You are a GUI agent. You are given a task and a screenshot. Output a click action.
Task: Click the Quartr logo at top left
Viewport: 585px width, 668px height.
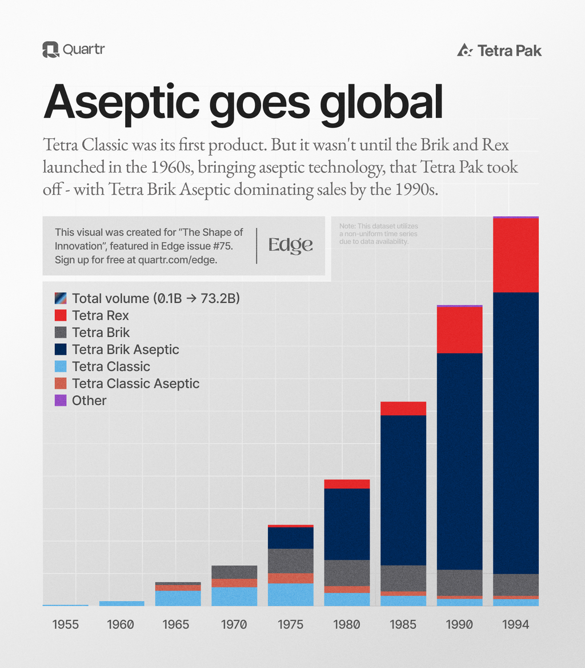pyautogui.click(x=73, y=50)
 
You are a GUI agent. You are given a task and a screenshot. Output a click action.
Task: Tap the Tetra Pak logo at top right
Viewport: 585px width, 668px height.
pyautogui.click(x=499, y=51)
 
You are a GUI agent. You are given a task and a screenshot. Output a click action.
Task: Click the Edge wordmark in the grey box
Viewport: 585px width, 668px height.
pyautogui.click(x=291, y=245)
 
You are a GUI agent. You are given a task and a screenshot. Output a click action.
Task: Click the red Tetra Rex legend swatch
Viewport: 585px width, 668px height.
pyautogui.click(x=61, y=316)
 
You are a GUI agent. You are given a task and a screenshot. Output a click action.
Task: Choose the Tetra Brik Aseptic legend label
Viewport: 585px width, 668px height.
pyautogui.click(x=125, y=349)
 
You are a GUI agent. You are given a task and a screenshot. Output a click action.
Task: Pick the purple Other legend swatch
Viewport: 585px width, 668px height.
pyautogui.click(x=61, y=401)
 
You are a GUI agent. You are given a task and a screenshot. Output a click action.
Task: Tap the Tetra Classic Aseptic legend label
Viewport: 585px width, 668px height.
pyautogui.click(x=135, y=384)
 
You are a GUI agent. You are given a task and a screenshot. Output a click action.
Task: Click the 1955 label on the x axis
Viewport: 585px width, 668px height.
pyautogui.click(x=65, y=625)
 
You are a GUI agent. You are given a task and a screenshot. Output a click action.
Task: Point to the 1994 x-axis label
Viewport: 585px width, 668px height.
pyautogui.click(x=515, y=625)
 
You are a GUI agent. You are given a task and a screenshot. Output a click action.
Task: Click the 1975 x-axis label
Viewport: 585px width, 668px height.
pyautogui.click(x=290, y=625)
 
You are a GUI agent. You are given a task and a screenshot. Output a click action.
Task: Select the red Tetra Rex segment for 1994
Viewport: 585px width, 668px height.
pyautogui.click(x=515, y=255)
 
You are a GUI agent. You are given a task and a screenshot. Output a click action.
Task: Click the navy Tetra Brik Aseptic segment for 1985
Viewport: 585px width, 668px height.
pyautogui.click(x=403, y=490)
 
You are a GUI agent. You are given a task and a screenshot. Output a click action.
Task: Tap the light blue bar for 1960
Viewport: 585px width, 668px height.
pyautogui.click(x=122, y=603)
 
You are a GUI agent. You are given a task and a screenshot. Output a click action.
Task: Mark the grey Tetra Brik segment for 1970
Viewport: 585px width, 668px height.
pyautogui.click(x=234, y=572)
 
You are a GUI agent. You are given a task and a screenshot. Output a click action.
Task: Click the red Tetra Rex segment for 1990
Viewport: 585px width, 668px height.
pyautogui.click(x=459, y=330)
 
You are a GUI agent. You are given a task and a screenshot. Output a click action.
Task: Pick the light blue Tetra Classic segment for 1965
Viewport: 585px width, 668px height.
pyautogui.click(x=178, y=598)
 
